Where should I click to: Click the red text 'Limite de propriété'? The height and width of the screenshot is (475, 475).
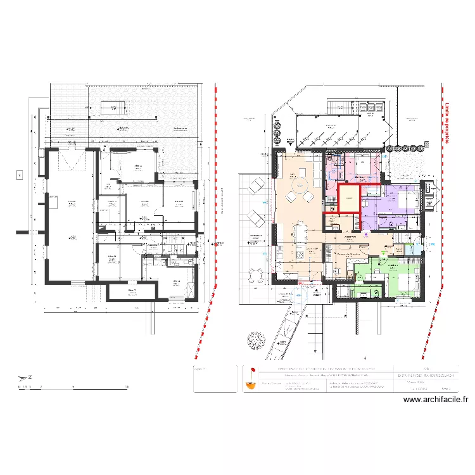coord(447,123)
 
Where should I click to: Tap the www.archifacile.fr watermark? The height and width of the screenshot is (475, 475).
coord(435,400)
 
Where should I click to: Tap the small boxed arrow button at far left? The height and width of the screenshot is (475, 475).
coord(19,175)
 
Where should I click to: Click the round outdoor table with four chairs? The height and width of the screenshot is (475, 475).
coord(256,275)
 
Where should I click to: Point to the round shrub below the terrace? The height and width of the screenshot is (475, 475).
coord(256,341)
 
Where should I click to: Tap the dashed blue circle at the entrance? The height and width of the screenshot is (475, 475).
coord(301,294)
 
